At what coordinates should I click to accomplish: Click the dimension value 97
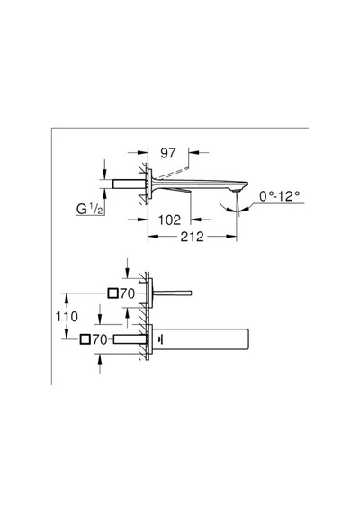[168, 153]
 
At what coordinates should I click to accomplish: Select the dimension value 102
[169, 220]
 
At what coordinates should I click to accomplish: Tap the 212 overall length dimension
[192, 237]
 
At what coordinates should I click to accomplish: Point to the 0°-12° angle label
[280, 196]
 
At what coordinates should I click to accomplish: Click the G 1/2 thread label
[90, 209]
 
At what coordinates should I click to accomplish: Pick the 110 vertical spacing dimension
[67, 317]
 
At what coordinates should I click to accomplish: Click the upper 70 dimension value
[127, 293]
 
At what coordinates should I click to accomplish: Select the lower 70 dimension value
[100, 339]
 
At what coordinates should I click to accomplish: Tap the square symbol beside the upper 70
[112, 293]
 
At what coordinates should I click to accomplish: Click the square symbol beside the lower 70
[85, 339]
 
